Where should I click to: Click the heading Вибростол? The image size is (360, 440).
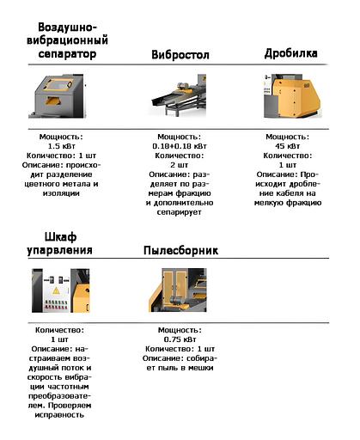180,54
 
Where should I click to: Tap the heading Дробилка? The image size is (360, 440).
290,53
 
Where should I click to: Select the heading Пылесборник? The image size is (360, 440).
180,250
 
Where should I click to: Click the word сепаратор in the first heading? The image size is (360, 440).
67,54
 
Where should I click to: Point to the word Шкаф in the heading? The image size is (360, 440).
60,237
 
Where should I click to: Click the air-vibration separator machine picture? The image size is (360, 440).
56,96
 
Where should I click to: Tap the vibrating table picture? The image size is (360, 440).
179,95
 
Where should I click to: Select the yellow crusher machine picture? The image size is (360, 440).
291,96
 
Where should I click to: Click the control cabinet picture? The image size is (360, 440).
60,290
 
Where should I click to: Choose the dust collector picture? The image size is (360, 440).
178,290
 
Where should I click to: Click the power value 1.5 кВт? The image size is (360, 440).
61,146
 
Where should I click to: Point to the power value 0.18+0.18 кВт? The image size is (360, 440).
180,146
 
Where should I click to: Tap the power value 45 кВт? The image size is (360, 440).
288,146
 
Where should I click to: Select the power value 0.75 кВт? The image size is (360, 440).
180,339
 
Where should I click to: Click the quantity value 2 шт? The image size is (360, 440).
180,165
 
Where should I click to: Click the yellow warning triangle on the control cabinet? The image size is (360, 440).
56,291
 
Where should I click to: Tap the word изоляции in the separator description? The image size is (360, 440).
61,193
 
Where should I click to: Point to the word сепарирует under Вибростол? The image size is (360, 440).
179,212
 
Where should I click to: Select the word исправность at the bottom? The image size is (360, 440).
59,415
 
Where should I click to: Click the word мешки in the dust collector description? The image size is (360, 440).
201,368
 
